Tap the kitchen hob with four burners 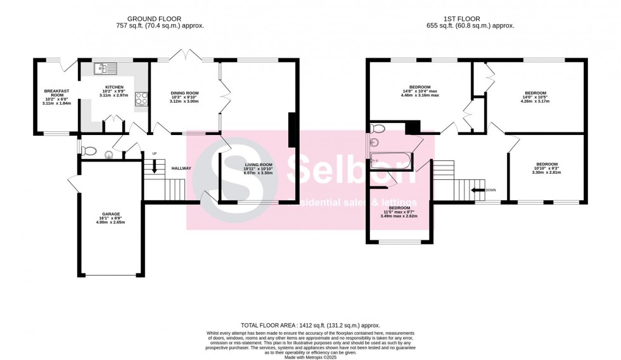point(141,98)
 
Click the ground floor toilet point(89,151)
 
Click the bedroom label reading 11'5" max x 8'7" point(399,212)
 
